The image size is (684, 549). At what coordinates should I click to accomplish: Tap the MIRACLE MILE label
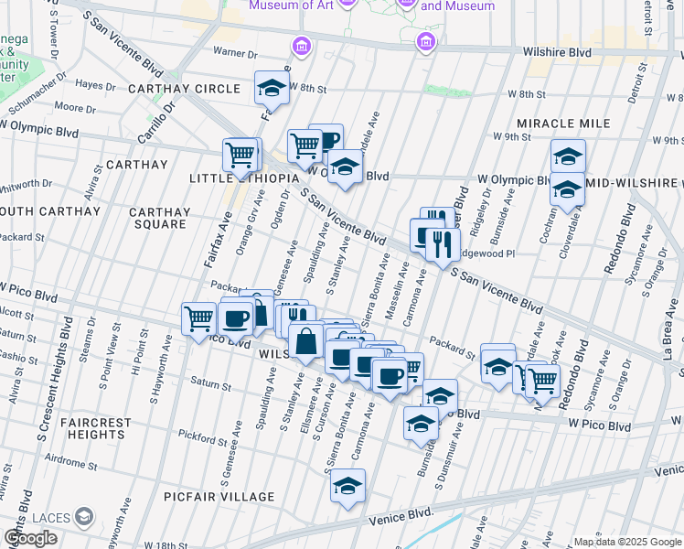562,124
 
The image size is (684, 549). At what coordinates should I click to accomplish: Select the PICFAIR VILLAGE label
219,497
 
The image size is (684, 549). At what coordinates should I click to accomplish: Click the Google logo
30,538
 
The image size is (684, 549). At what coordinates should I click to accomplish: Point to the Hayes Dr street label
95,84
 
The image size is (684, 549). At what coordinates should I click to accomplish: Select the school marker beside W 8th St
270,89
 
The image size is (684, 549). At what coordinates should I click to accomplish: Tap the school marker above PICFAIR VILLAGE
347,487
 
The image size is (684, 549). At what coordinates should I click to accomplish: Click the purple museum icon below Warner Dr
300,46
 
